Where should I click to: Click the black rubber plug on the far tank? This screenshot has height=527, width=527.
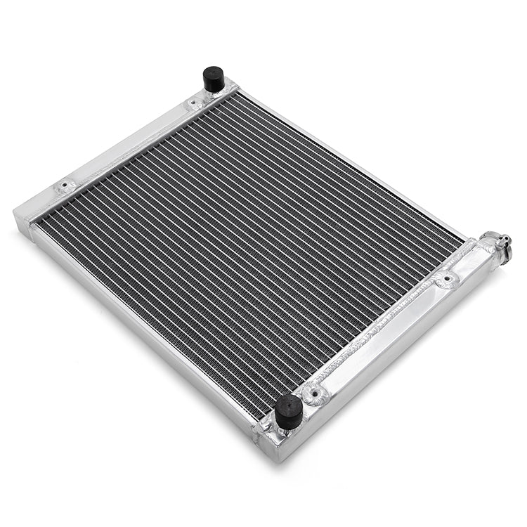214,79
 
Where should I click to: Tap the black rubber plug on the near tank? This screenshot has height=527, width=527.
288,412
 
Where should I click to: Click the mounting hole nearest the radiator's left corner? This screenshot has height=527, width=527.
66,187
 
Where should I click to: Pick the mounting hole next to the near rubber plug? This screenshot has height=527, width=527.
315,393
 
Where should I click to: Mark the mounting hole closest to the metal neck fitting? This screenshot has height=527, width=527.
446,280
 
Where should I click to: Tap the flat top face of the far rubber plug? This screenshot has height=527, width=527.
214,71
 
